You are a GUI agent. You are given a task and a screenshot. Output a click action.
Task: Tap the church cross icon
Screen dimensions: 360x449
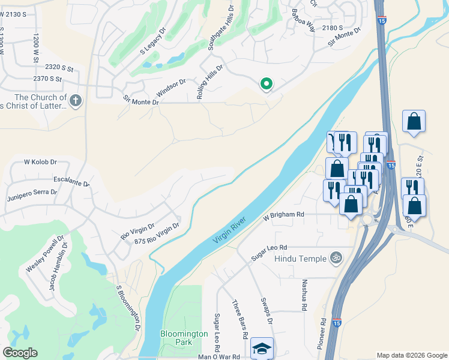point(75,101)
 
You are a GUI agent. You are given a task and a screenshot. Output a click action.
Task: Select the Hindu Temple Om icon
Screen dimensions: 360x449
point(336,258)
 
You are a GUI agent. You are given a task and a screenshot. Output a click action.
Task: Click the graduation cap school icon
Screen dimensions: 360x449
point(262,349)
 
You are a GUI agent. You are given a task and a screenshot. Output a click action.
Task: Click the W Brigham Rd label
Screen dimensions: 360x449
point(284,215)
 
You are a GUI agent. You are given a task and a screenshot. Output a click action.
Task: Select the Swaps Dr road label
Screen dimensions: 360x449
point(267,311)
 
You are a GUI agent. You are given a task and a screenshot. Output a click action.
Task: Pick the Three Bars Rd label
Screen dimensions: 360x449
point(241,319)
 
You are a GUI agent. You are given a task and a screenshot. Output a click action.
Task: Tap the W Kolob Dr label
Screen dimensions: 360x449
point(40,162)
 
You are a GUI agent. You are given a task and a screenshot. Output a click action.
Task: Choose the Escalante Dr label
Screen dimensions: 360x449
point(71,181)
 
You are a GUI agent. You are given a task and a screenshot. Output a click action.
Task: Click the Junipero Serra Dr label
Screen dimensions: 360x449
point(32,193)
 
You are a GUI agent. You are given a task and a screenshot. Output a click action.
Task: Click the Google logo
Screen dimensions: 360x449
point(20,353)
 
